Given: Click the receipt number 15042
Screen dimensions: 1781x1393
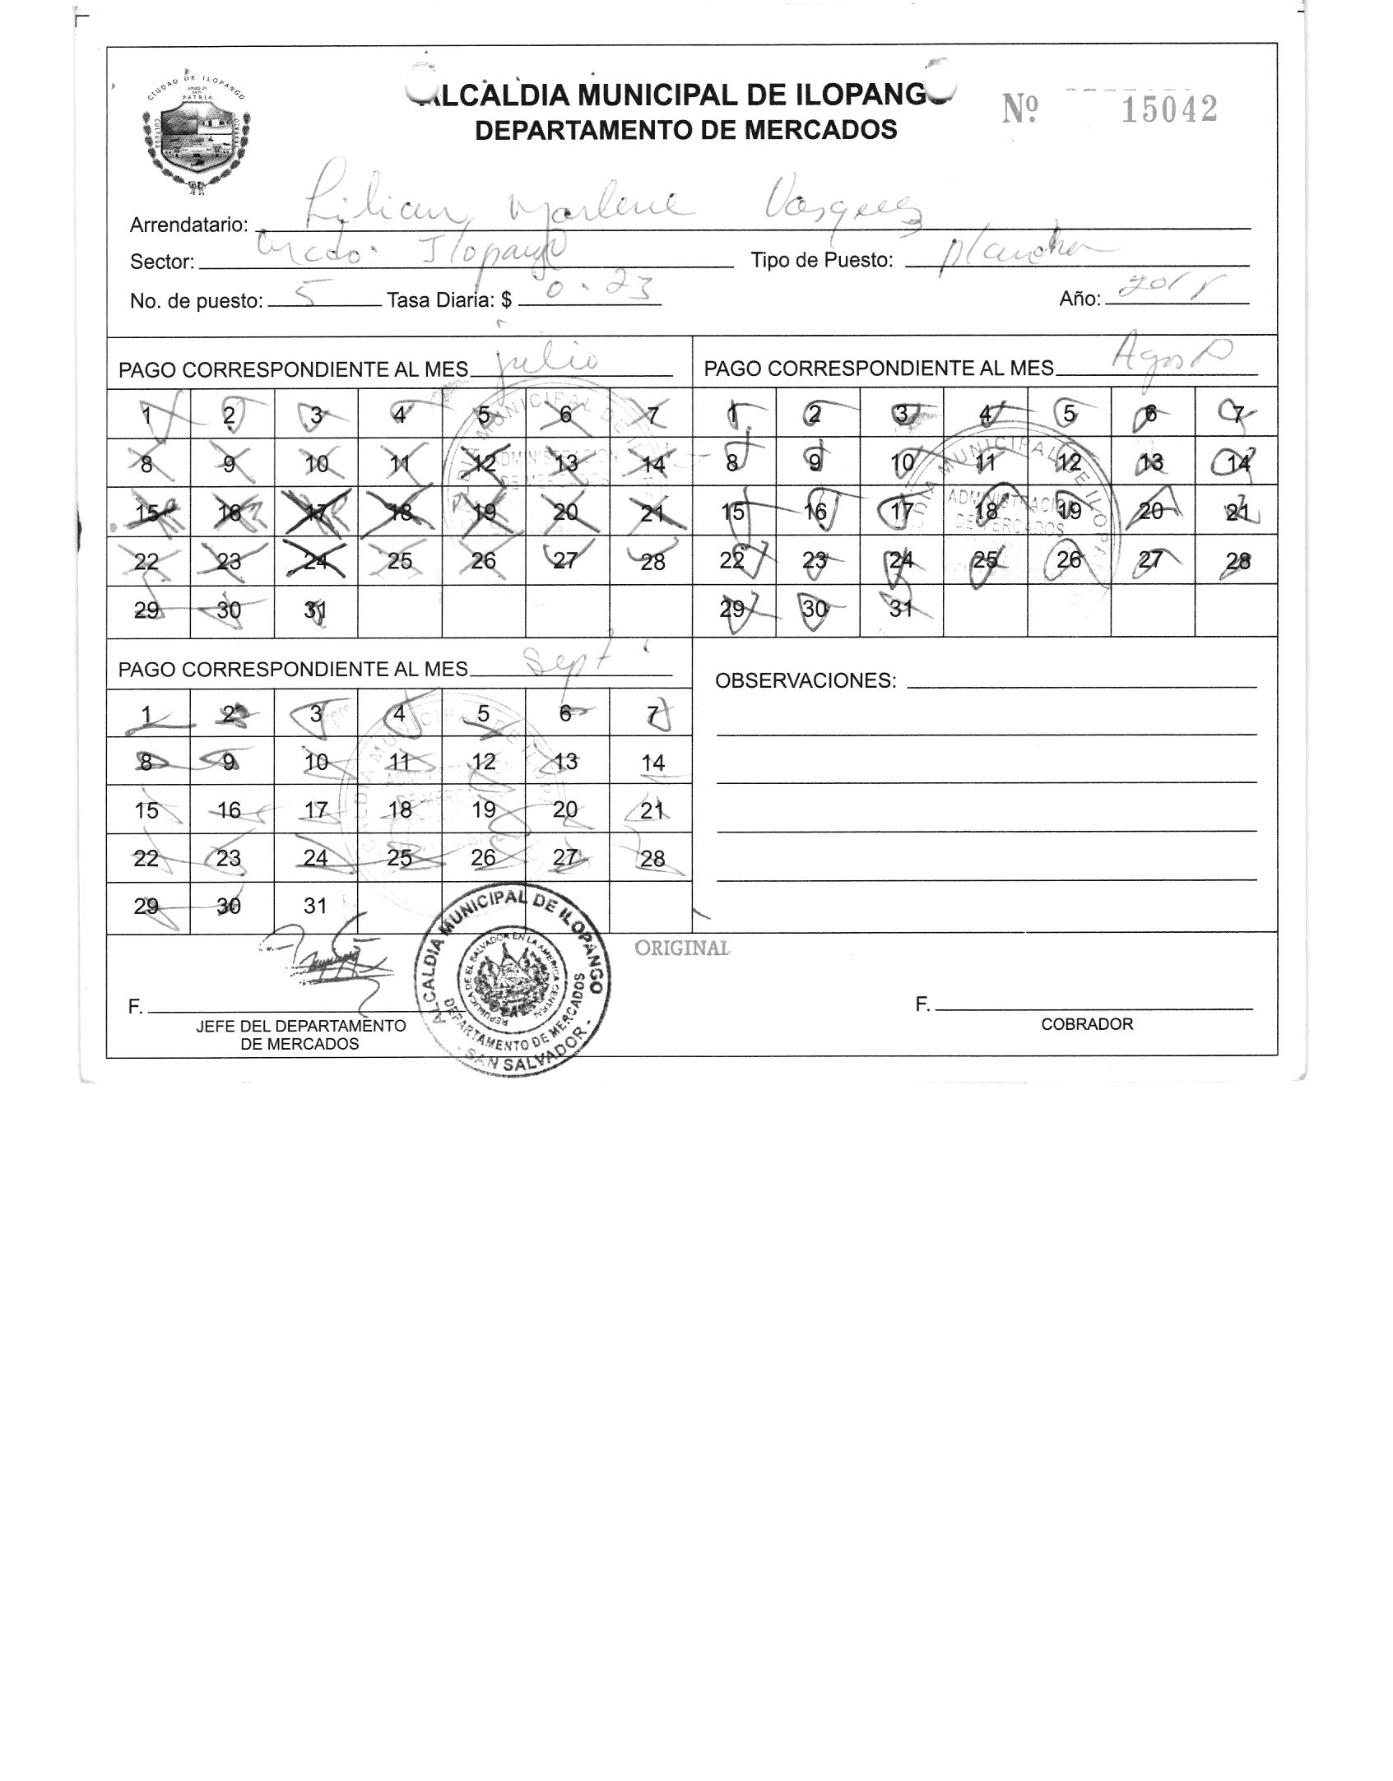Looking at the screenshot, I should click(x=1169, y=110).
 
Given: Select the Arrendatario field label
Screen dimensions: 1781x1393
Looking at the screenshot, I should click(x=188, y=225).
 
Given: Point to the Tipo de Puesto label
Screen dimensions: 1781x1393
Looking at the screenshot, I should click(x=821, y=261).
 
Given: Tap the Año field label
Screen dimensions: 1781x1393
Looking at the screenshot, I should click(x=1080, y=299).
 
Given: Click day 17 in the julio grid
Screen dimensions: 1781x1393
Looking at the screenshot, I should click(x=316, y=511).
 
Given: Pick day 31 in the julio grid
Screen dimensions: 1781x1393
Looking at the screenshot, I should click(x=315, y=610).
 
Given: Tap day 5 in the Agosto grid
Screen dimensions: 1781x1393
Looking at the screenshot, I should click(x=1068, y=413).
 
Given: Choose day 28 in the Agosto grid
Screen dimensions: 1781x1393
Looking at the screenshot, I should click(x=1237, y=561).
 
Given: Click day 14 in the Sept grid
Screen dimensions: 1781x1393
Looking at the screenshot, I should click(x=652, y=763).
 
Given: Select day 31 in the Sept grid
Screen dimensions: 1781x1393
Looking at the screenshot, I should click(x=315, y=906).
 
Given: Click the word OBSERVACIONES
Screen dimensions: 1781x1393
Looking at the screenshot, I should click(x=805, y=681).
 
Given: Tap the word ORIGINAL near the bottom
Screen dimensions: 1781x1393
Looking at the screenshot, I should click(x=682, y=948).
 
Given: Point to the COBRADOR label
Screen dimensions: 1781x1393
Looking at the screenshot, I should click(x=1086, y=1024).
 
